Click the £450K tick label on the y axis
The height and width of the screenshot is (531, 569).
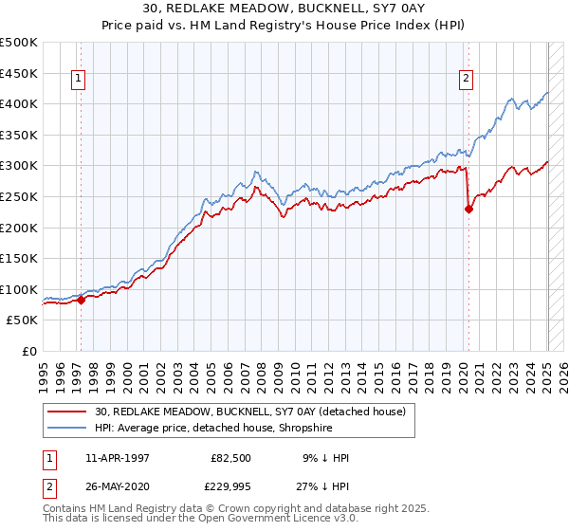click(x=19, y=73)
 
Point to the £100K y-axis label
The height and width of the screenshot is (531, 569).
click(x=19, y=289)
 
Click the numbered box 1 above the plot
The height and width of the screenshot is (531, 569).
click(x=79, y=80)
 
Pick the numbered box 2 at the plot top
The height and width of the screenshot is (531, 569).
click(x=467, y=80)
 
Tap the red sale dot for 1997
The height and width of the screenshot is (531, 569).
click(x=81, y=300)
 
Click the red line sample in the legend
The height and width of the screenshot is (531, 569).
click(x=68, y=412)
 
